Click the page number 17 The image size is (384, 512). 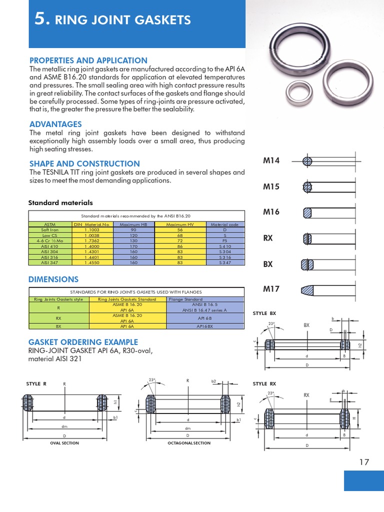click(363, 462)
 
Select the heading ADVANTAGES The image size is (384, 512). click(55, 124)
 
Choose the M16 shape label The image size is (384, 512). click(271, 212)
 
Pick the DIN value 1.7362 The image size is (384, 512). click(92, 240)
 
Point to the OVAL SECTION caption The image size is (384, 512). click(64, 443)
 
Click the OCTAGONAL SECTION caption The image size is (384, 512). click(188, 443)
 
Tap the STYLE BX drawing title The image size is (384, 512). click(264, 313)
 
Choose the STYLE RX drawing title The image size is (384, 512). click(264, 384)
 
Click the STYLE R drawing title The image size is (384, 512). click(36, 384)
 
